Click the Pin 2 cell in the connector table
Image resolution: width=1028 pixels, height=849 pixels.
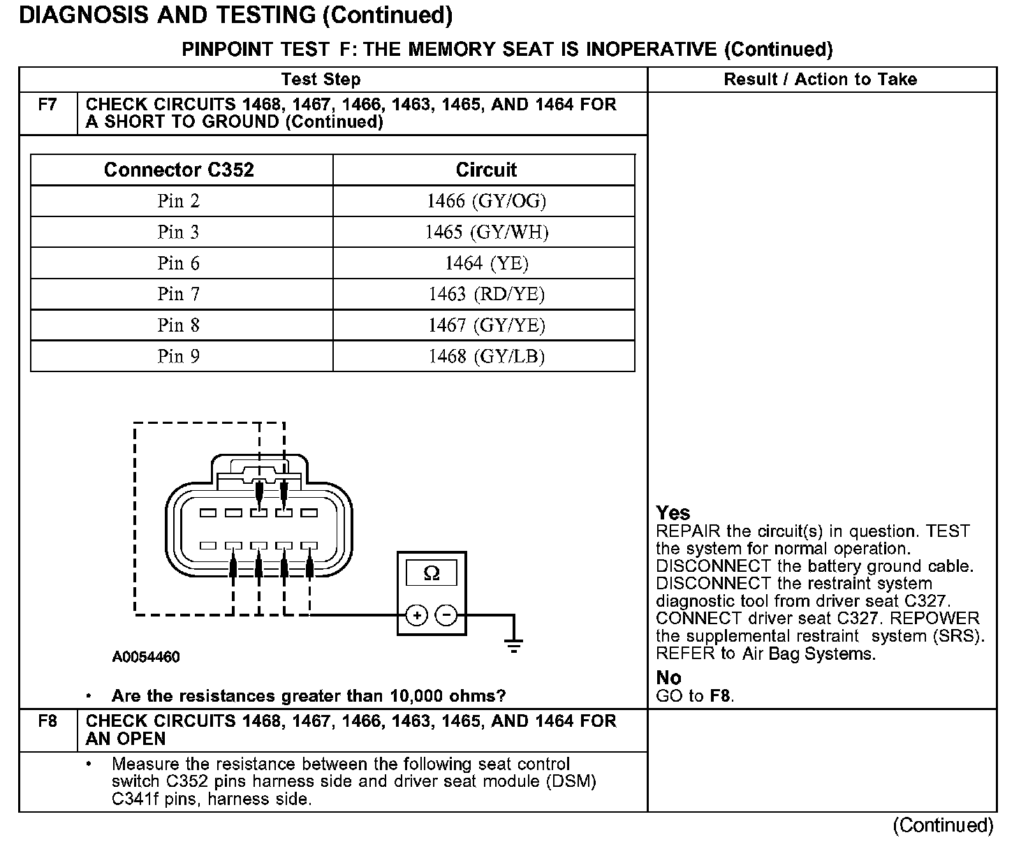179,201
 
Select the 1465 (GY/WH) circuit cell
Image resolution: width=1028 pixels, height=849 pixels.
486,232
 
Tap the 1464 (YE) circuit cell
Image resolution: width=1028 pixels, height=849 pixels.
486,263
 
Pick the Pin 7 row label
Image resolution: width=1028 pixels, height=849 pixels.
179,294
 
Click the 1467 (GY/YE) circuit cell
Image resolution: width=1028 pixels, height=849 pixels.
486,325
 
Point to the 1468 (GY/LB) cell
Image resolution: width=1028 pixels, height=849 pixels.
486,356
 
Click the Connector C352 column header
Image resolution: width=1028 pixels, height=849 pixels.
179,170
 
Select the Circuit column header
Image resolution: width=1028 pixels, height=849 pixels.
486,170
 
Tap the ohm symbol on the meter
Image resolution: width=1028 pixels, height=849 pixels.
432,573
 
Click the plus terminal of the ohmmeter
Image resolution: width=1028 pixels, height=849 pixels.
417,615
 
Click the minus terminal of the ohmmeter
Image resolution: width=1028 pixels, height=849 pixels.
446,615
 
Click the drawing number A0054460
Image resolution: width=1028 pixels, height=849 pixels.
146,657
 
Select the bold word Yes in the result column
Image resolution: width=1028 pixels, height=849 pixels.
673,513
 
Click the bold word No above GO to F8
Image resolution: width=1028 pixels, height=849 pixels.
668,677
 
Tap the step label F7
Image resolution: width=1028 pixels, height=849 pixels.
47,105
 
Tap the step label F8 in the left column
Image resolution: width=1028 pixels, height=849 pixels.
47,721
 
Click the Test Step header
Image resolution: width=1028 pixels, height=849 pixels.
321,79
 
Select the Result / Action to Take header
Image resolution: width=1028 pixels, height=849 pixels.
820,79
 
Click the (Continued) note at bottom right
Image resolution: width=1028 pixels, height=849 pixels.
943,825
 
